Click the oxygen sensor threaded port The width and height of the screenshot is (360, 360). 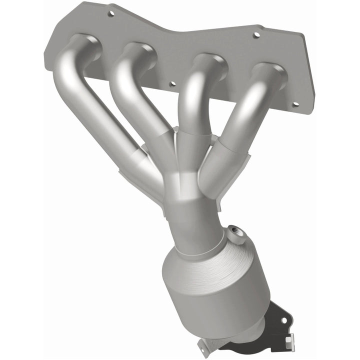coord(234,232)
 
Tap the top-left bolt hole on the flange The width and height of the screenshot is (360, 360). coord(111,13)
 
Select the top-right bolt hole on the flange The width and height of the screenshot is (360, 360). coord(256,35)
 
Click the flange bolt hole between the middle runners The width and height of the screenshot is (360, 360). coord(172,84)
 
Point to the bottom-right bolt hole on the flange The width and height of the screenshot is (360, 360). coord(294,104)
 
